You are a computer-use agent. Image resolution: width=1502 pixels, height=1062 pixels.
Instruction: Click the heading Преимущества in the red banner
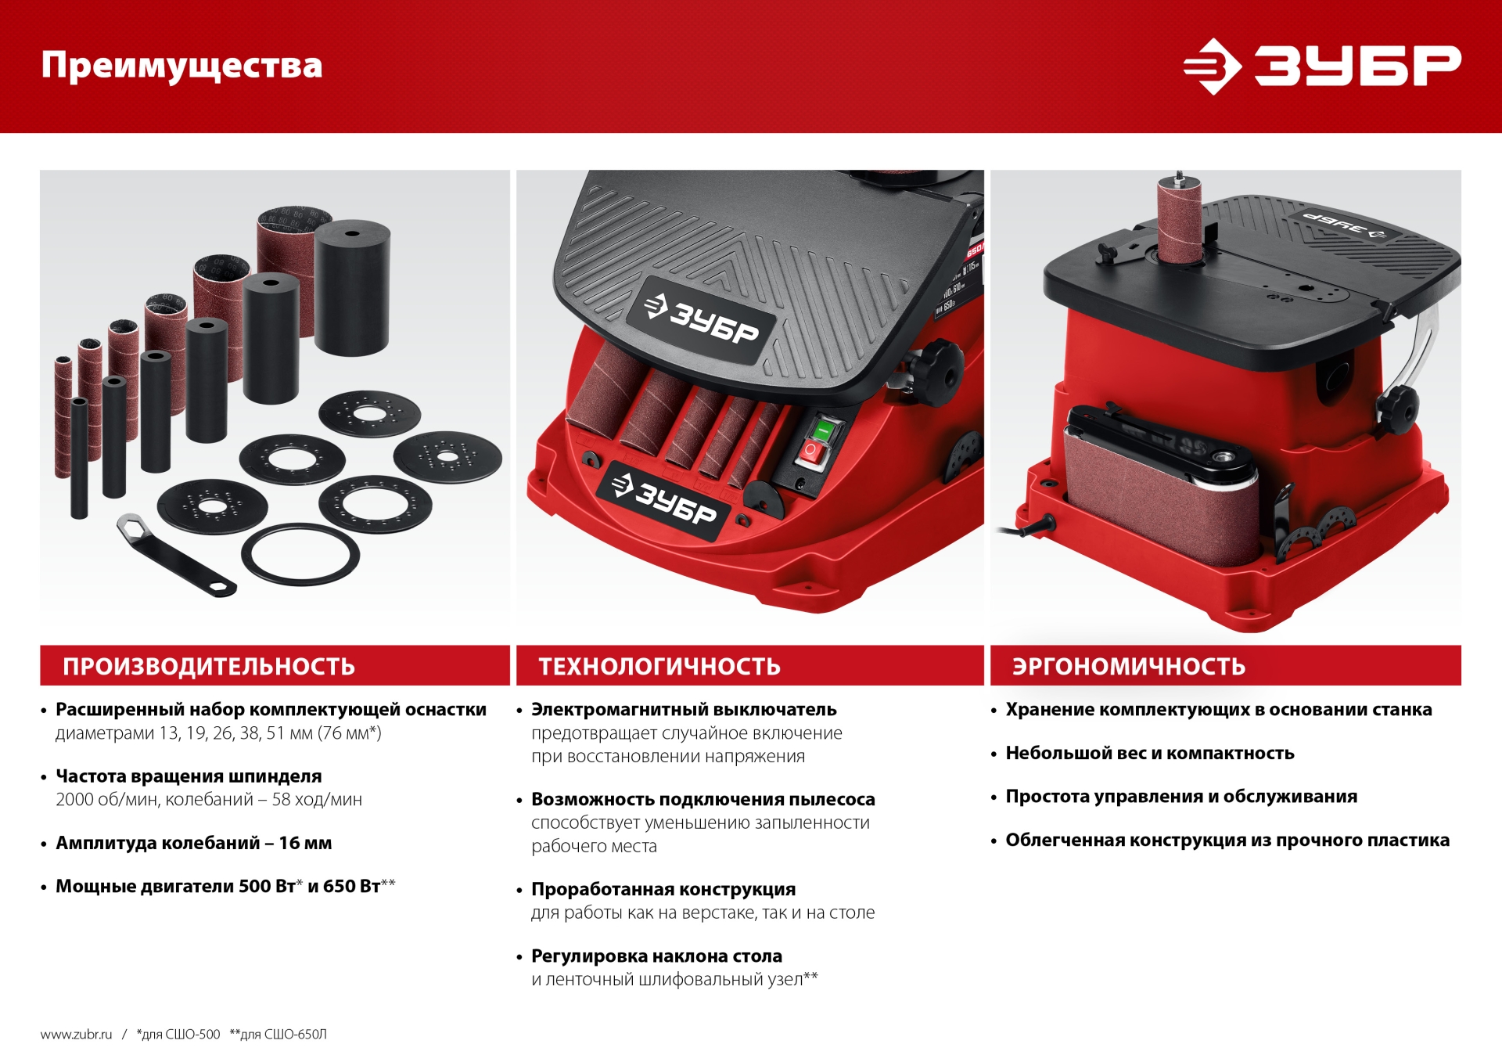[x=181, y=66]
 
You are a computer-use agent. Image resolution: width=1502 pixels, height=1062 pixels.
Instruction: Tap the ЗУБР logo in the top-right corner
[x=1321, y=66]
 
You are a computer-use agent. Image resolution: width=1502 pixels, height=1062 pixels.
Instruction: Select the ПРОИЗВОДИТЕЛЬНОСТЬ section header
[x=209, y=666]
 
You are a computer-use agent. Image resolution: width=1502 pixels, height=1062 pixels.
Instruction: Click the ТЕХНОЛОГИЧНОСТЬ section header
[x=659, y=666]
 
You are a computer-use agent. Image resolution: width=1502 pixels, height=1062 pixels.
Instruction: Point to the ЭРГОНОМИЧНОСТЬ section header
[x=1128, y=666]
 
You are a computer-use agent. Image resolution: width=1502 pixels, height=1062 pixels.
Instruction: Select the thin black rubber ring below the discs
[x=300, y=554]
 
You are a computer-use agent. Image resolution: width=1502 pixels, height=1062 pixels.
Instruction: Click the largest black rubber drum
[x=352, y=288]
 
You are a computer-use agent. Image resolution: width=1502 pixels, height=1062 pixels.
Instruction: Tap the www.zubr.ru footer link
[x=76, y=1035]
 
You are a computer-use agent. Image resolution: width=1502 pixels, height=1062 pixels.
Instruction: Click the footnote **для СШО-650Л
[x=278, y=1035]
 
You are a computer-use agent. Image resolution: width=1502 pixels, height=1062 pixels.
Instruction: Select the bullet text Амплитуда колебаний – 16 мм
[x=193, y=843]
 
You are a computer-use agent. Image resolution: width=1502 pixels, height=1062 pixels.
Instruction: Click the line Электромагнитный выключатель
[x=684, y=710]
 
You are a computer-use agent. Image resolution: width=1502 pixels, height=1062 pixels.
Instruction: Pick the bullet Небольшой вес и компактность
[x=1149, y=753]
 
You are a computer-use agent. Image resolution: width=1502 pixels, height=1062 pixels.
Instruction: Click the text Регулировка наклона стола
[x=656, y=956]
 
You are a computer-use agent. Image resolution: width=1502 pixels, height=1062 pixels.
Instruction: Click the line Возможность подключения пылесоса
[x=702, y=799]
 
